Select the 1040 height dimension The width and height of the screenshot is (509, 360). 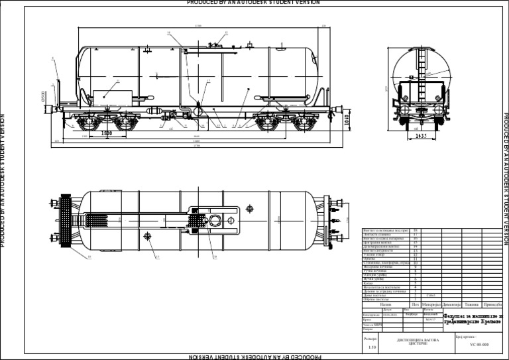(346, 119)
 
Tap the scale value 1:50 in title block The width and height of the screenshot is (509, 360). (372, 346)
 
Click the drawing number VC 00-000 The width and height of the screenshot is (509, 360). (479, 345)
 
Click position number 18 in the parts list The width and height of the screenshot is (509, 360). (415, 230)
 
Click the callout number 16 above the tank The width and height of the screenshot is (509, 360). (168, 32)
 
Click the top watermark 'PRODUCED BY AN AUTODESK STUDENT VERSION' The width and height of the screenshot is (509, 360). (254, 3)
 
